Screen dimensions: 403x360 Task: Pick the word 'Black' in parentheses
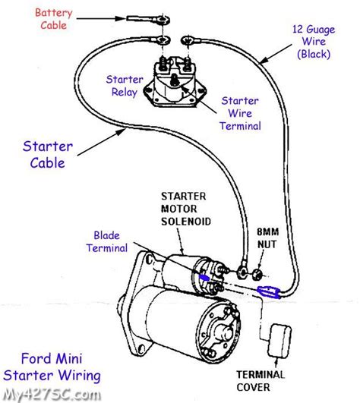point(313,55)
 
